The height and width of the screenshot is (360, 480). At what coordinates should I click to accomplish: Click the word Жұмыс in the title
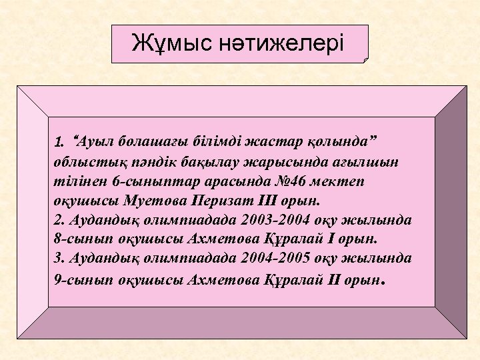click(x=172, y=44)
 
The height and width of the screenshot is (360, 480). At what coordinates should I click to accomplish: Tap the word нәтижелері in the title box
click(x=283, y=44)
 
